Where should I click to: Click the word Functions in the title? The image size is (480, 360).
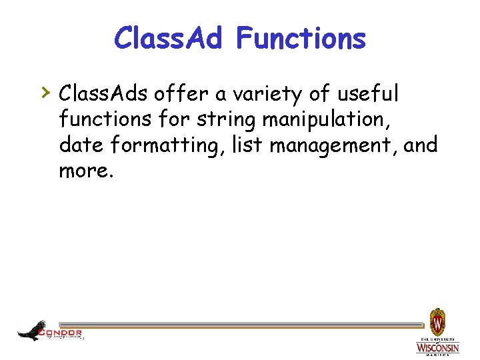(x=301, y=38)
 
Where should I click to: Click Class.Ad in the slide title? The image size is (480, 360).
(x=169, y=38)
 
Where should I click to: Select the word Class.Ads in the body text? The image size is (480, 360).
(x=103, y=94)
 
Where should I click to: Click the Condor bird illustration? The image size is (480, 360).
(x=31, y=330)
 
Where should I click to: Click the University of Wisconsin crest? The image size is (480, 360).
(x=437, y=323)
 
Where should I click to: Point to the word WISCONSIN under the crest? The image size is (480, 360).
(x=437, y=348)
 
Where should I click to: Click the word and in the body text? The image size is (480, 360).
(x=421, y=145)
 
